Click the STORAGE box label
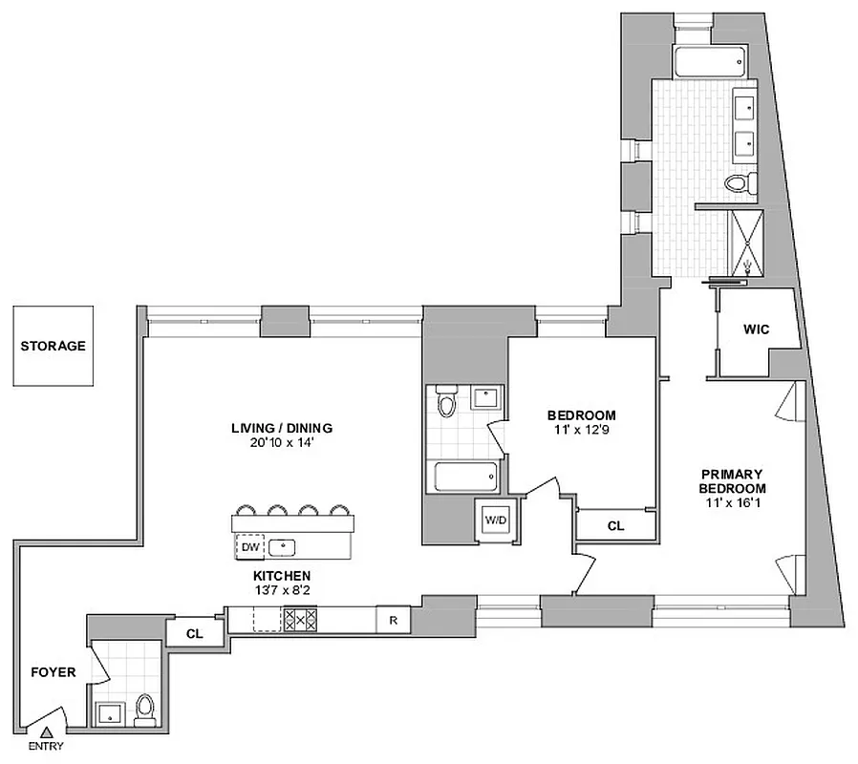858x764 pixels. [x=54, y=346]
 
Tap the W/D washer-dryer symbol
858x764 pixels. [x=495, y=520]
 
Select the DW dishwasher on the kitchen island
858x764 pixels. [x=249, y=547]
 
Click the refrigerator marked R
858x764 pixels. [x=393, y=620]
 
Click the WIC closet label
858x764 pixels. [x=757, y=329]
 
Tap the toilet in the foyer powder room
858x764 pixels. [x=145, y=709]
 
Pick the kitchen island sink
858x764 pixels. [x=284, y=547]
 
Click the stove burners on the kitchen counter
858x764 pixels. [x=299, y=620]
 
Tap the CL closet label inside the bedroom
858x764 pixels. [x=616, y=525]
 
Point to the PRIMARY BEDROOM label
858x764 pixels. [x=731, y=480]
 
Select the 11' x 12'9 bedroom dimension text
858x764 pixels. [x=581, y=432]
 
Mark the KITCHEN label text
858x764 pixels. [x=281, y=576]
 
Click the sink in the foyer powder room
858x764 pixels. [x=107, y=711]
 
